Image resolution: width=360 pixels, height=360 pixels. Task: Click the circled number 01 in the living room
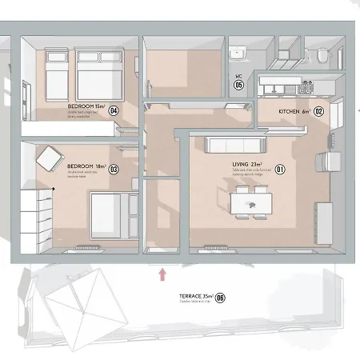(280, 169)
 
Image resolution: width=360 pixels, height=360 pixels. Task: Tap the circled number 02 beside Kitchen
(318, 112)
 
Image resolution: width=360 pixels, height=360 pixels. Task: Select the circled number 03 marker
(114, 169)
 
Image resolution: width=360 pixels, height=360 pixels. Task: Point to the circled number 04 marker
(114, 110)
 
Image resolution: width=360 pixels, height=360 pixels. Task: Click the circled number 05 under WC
(238, 84)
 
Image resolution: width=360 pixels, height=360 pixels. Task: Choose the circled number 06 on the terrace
(220, 298)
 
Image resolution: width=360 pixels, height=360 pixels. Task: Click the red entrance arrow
(163, 274)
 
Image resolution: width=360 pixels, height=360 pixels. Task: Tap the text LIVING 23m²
(246, 164)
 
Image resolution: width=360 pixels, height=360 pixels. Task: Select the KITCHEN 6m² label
(293, 112)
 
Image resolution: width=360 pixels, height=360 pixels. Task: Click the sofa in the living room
(235, 145)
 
